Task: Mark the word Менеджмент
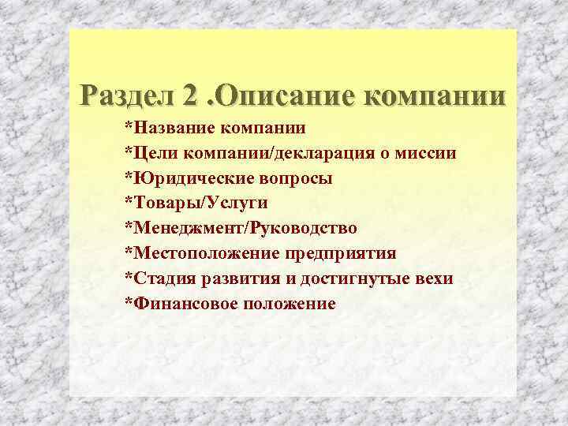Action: (185, 228)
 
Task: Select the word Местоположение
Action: (200, 253)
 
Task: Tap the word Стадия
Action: (163, 278)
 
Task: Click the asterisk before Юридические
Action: (128, 175)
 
